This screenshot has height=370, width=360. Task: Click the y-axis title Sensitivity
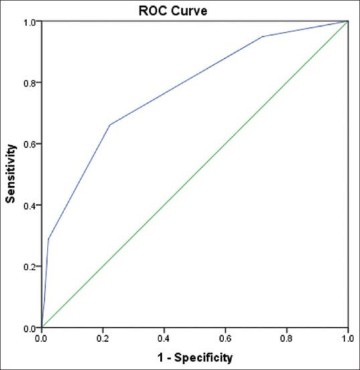click(11, 175)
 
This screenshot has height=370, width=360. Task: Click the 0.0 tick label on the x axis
click(42, 339)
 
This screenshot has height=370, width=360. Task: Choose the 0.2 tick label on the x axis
click(103, 339)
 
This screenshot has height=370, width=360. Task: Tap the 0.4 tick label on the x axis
click(164, 339)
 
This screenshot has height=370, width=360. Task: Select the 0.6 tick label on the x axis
click(226, 339)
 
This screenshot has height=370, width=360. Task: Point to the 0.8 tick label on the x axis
click(286, 339)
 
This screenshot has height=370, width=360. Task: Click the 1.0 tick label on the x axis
click(347, 339)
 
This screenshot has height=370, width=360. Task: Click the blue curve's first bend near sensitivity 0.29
click(48, 239)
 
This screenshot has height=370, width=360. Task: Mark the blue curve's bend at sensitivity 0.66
click(110, 124)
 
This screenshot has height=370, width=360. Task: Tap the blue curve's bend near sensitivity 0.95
click(262, 37)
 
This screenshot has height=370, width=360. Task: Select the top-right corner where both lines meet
click(347, 21)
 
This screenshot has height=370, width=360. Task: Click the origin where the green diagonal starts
click(42, 327)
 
